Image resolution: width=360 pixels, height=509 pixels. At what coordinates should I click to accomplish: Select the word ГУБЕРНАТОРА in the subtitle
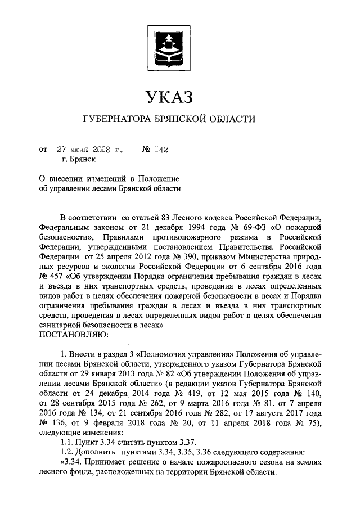[x=115, y=119]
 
